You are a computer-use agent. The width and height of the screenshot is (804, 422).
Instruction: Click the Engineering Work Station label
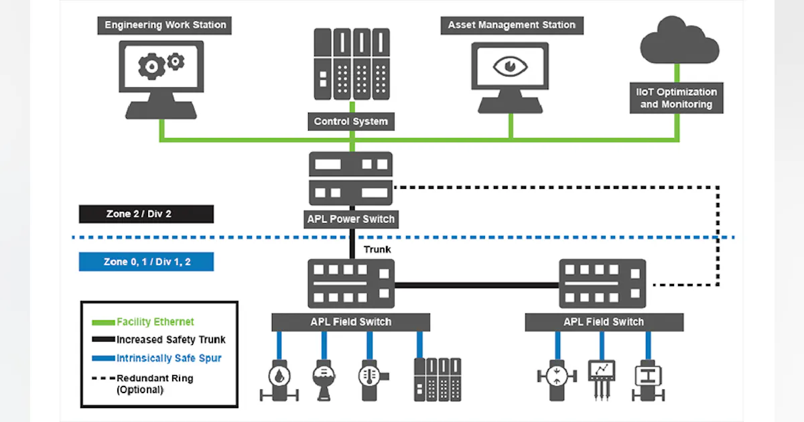(165, 25)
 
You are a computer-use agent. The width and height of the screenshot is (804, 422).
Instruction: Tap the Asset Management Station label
(511, 25)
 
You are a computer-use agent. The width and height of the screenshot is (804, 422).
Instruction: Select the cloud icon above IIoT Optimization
(679, 42)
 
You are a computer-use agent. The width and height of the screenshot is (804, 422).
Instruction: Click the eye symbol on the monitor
(511, 67)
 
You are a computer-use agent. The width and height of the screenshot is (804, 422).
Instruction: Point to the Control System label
(351, 122)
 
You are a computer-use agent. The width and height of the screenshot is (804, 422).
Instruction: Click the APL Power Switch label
(351, 219)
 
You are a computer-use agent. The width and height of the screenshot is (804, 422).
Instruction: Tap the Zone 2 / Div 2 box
(146, 214)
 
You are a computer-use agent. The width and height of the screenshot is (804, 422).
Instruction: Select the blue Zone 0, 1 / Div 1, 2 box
(146, 262)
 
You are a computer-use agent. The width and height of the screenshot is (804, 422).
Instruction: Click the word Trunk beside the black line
(377, 250)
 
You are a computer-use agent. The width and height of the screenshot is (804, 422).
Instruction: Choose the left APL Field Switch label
(351, 322)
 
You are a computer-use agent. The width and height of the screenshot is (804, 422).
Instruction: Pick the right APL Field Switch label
(604, 322)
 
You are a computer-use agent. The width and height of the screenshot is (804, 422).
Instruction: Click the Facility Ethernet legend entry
(155, 322)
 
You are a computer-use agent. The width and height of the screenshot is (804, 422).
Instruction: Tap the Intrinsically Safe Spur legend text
(168, 358)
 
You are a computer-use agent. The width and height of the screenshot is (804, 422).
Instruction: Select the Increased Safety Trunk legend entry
(171, 340)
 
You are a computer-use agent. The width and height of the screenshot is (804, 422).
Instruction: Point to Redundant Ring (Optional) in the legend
(154, 383)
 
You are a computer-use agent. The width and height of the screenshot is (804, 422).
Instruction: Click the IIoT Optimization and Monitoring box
(677, 98)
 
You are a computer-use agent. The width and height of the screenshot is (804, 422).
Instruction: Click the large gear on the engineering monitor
(151, 67)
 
